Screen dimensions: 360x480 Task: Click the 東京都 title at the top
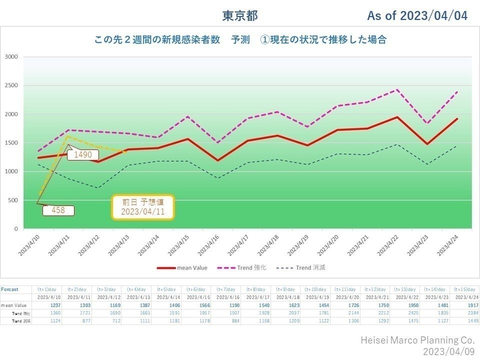[x=240, y=16]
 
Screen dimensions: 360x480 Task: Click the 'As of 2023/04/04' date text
[x=417, y=16]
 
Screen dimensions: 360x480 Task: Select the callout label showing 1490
[x=83, y=155]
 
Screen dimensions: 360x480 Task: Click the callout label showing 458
[x=58, y=210]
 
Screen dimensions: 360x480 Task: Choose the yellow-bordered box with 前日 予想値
[x=142, y=207]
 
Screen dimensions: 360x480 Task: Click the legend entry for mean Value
[x=182, y=268]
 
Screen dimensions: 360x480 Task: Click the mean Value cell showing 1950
[x=405, y=305]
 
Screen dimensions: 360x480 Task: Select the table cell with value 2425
[x=405, y=313]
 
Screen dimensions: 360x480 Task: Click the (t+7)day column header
[x=225, y=289]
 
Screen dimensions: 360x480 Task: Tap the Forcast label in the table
[x=9, y=289]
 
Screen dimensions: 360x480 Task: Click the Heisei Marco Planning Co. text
[x=417, y=340]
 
